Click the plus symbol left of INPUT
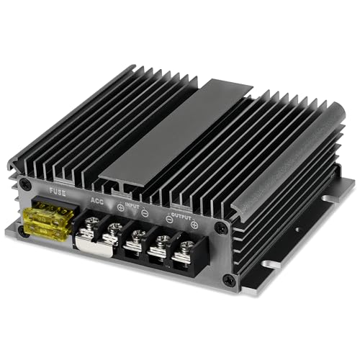120,208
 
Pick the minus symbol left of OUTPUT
168,217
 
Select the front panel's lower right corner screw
229,279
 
